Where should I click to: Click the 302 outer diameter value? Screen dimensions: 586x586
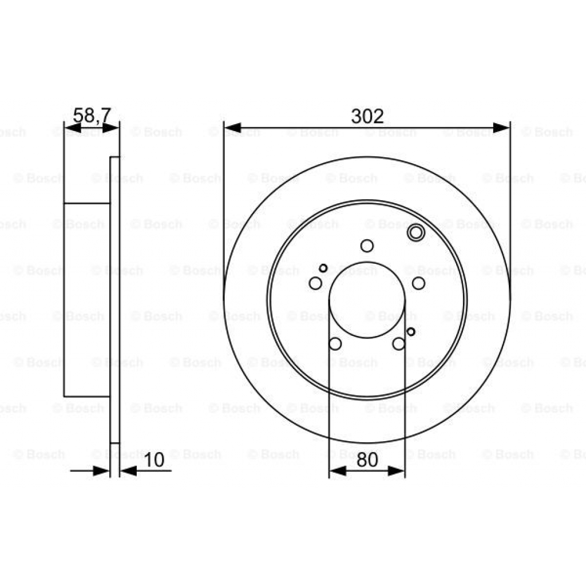(367, 116)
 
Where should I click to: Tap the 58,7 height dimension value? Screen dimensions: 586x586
(92, 115)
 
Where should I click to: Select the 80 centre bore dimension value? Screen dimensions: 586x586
(367, 460)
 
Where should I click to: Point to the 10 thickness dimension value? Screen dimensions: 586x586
(154, 460)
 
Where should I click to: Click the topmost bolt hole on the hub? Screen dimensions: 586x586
(367, 246)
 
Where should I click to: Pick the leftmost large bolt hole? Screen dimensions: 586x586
(315, 283)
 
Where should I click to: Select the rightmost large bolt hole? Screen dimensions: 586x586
(419, 283)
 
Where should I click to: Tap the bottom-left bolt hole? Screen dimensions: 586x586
(335, 343)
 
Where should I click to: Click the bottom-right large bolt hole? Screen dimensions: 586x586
(398, 343)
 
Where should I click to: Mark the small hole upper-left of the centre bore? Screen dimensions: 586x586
(323, 268)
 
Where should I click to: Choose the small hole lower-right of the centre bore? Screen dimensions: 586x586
(410, 331)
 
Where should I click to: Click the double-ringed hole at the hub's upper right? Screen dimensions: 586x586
(415, 232)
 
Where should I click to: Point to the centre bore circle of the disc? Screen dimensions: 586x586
(367, 300)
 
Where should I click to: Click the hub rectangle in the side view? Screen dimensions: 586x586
(86, 299)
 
